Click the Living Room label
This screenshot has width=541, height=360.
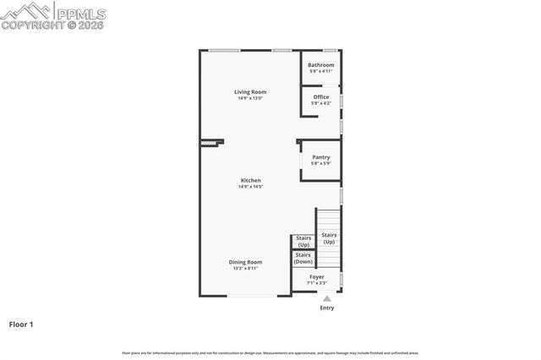(250, 91)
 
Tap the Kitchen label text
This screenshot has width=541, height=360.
(250, 180)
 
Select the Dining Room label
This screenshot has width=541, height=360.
(245, 262)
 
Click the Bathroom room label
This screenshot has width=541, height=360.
(320, 65)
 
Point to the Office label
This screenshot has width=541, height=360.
(320, 97)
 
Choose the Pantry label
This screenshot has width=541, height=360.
(320, 156)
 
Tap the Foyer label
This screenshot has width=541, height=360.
(316, 277)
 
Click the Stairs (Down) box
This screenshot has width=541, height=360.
(303, 259)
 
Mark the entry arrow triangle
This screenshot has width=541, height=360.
(326, 298)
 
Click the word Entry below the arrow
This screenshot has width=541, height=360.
(326, 308)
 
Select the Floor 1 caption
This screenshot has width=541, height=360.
(22, 324)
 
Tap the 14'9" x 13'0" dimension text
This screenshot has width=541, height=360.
(250, 99)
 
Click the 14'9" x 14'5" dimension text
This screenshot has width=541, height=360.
(250, 187)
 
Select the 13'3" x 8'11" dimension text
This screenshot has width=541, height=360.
(245, 269)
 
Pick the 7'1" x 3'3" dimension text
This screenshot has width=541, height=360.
(316, 284)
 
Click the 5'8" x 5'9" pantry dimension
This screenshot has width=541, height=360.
(320, 163)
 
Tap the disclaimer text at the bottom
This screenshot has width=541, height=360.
(270, 352)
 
